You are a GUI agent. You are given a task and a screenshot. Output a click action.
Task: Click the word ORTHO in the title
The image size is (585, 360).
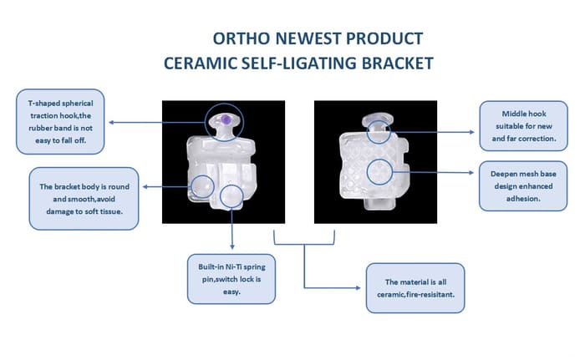click(241, 38)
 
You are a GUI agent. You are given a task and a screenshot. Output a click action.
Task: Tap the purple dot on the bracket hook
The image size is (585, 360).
click(226, 119)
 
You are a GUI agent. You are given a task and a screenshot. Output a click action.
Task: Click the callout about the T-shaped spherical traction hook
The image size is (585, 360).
click(60, 122)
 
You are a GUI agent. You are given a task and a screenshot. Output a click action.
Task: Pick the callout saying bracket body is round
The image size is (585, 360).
click(84, 199)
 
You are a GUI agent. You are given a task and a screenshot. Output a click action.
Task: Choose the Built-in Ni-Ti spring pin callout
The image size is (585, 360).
click(231, 279)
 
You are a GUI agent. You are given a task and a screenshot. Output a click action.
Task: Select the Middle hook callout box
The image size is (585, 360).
click(523, 126)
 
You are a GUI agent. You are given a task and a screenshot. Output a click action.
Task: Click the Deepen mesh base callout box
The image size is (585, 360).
click(523, 185)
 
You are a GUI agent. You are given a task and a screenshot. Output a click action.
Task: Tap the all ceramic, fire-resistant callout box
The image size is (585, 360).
click(415, 288)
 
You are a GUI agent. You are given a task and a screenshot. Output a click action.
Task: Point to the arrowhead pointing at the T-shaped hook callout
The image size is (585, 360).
click(111, 122)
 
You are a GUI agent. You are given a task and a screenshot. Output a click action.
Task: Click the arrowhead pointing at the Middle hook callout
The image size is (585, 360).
click(472, 132)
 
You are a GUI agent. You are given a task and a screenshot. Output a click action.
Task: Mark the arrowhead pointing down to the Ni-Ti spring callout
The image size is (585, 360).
click(232, 247)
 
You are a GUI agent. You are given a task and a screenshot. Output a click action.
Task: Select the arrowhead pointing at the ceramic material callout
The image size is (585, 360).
click(359, 288)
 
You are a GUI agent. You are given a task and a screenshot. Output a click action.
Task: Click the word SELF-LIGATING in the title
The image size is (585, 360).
click(298, 63)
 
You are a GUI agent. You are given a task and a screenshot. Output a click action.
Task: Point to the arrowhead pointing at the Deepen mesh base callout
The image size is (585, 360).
click(471, 173)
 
